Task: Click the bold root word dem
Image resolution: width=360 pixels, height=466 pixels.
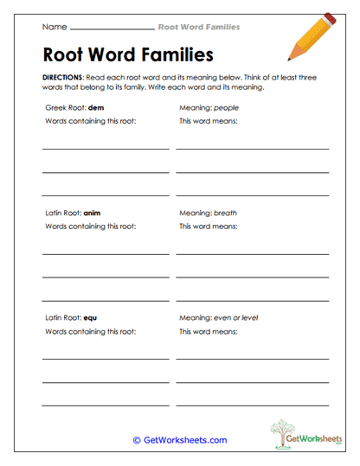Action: (96, 108)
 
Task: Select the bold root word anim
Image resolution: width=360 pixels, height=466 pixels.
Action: (93, 213)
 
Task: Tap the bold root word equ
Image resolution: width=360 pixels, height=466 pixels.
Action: (91, 317)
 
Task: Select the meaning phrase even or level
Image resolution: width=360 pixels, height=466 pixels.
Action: (239, 317)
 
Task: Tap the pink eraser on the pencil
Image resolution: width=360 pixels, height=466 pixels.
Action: (329, 19)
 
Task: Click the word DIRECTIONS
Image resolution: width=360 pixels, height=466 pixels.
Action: (61, 77)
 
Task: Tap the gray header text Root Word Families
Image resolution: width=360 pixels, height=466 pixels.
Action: (199, 27)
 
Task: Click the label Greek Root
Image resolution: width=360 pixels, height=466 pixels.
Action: (65, 108)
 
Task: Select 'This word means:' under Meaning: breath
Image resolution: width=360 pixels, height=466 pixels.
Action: (208, 227)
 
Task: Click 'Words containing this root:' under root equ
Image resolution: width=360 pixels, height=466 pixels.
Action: (90, 331)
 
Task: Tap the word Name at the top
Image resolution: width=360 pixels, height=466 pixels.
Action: (55, 27)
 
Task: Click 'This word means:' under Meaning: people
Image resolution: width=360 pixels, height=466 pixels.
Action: (208, 122)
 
